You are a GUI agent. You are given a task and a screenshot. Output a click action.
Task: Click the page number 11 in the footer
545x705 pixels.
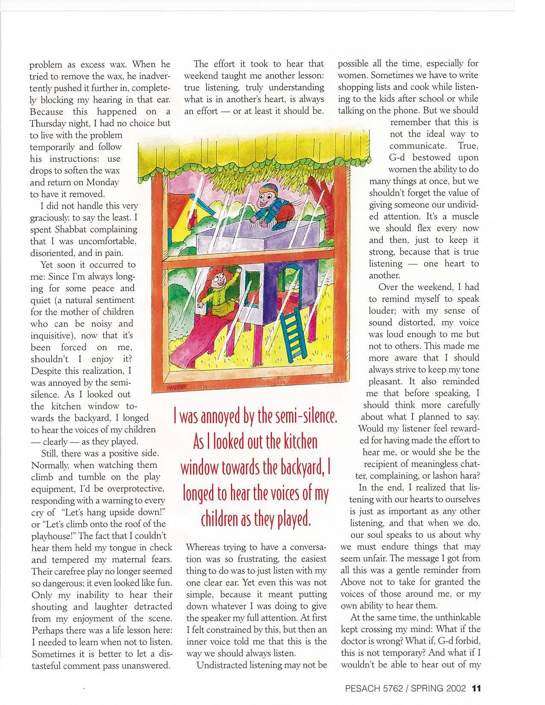pyautogui.click(x=477, y=688)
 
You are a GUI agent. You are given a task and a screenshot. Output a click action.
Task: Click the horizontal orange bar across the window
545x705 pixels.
pyautogui.click(x=248, y=259)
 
